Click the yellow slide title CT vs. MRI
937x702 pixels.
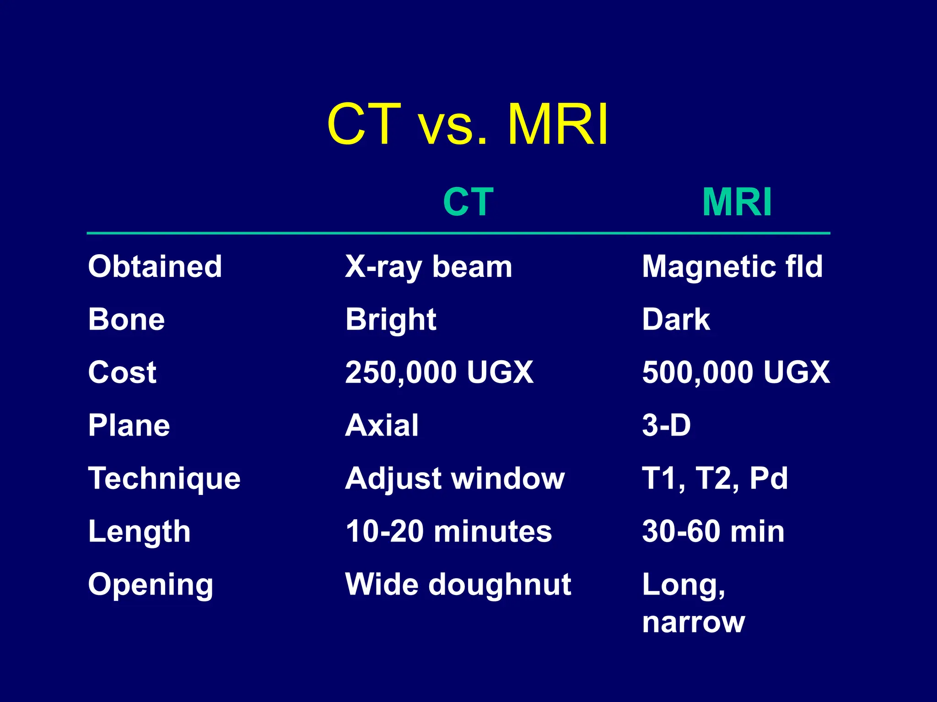[x=468, y=124]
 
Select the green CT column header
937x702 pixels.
[x=468, y=202]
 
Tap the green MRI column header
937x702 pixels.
[x=737, y=202]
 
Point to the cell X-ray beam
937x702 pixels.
[x=429, y=267]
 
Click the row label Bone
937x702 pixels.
[x=127, y=319]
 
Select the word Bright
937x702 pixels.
[x=391, y=319]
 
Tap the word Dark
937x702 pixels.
[x=676, y=319]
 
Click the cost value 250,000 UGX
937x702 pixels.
[x=439, y=372]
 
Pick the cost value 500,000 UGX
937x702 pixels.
[x=736, y=372]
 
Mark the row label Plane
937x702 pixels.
[x=129, y=425]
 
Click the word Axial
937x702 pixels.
[x=382, y=425]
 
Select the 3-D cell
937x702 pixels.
[x=666, y=425]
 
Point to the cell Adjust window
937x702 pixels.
[x=455, y=479]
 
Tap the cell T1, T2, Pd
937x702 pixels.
[x=715, y=479]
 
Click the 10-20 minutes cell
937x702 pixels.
[x=449, y=532]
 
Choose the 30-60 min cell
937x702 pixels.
[x=713, y=532]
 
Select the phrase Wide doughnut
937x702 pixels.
[x=458, y=585]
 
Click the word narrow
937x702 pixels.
[x=694, y=622]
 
